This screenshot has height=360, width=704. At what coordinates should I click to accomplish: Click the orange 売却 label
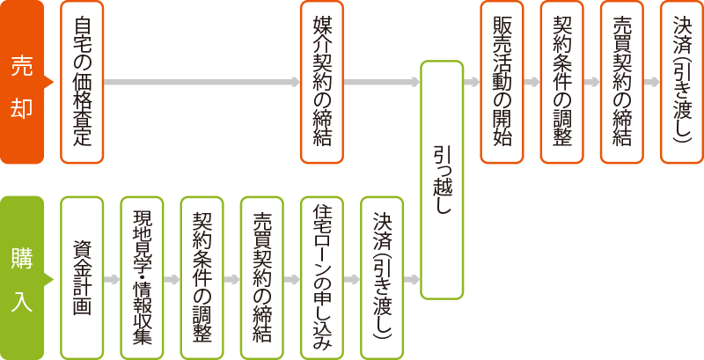22,83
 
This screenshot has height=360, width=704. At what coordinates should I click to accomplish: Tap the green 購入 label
22,277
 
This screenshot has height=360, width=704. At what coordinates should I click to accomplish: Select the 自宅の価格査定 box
82,83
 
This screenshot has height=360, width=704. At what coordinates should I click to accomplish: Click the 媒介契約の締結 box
321,83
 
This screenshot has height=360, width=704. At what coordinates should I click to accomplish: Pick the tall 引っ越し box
442,180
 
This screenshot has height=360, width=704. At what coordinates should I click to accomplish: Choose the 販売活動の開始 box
502,83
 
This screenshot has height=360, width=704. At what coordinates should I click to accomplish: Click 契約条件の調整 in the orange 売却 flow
561,83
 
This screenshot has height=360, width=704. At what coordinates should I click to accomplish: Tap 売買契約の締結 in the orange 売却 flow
621,83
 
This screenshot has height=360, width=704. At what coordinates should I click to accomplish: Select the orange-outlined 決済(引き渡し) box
681,83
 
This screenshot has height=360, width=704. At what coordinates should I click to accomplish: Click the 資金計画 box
82,277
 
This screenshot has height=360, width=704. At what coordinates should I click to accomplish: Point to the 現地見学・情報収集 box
142,277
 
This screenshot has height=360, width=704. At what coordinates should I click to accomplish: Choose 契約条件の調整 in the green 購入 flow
202,277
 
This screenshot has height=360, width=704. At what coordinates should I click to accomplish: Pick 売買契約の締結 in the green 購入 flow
261,277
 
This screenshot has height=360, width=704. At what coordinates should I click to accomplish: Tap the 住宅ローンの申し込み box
321,277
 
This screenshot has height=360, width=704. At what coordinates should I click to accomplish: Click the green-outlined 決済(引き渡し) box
382,277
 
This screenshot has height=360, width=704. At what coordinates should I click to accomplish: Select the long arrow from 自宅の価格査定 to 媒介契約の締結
202,83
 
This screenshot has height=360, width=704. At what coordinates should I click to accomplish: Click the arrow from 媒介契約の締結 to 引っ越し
381,83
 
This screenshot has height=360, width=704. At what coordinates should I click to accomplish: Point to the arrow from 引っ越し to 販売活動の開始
472,83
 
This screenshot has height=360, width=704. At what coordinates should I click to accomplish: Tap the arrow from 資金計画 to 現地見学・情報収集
112,280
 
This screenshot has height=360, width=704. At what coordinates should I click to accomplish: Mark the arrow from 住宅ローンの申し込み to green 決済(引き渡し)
351,280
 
